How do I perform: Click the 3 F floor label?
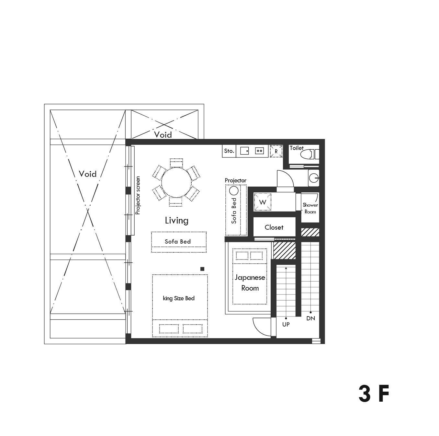(374, 394)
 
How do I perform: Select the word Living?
(176, 221)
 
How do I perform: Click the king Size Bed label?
(179, 298)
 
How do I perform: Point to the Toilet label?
(297, 148)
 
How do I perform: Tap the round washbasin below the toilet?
(313, 178)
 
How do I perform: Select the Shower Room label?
(310, 208)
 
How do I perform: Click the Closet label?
(274, 227)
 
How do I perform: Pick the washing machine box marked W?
(263, 202)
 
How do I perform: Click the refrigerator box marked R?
(276, 151)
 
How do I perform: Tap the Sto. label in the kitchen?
(229, 151)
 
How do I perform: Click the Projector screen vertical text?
(138, 195)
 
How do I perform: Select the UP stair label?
(286, 324)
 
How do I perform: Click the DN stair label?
(310, 318)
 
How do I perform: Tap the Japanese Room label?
(250, 282)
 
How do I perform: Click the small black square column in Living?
(202, 269)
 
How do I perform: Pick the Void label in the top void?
(163, 135)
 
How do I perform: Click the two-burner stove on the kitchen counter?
(260, 151)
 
